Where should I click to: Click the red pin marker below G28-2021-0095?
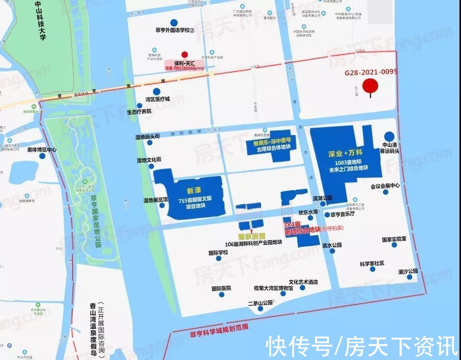(370, 87)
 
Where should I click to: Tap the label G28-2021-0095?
(370, 72)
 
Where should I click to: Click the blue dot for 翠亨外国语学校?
(174, 22)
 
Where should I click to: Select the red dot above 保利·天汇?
(185, 55)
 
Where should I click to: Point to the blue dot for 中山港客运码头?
(389, 136)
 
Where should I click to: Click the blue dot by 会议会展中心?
(386, 192)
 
